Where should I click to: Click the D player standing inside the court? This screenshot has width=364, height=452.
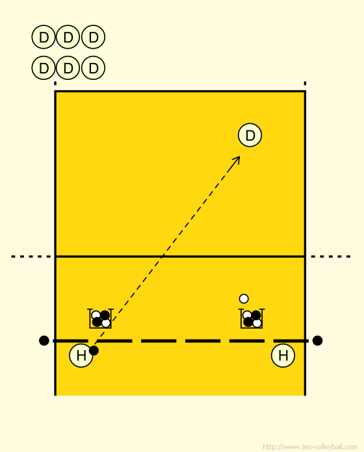click(x=250, y=135)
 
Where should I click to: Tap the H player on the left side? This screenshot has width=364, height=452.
click(x=81, y=355)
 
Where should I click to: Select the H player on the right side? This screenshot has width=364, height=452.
click(x=283, y=355)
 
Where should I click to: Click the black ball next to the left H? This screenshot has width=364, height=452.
click(x=94, y=351)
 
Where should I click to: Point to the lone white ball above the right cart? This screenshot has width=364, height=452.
click(x=244, y=299)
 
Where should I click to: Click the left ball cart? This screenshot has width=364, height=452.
click(x=100, y=318)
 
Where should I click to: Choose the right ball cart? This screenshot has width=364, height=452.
click(x=252, y=318)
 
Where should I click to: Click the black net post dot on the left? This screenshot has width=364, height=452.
click(x=44, y=340)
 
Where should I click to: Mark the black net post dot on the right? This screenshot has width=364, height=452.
click(x=317, y=340)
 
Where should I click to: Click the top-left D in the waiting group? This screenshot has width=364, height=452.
click(x=44, y=37)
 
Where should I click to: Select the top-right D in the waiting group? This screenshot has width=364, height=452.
click(x=93, y=37)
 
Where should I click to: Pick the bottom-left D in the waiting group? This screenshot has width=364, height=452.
click(x=44, y=68)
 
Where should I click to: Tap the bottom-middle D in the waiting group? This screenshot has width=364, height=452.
click(x=68, y=68)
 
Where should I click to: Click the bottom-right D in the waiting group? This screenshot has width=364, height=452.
click(x=93, y=68)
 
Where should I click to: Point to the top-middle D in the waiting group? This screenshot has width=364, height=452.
click(x=68, y=37)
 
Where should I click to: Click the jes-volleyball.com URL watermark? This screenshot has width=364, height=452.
click(x=310, y=447)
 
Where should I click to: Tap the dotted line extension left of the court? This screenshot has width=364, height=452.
click(x=31, y=257)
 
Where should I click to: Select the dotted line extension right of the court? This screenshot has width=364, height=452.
click(x=331, y=257)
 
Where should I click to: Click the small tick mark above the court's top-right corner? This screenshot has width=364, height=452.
click(x=305, y=83)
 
